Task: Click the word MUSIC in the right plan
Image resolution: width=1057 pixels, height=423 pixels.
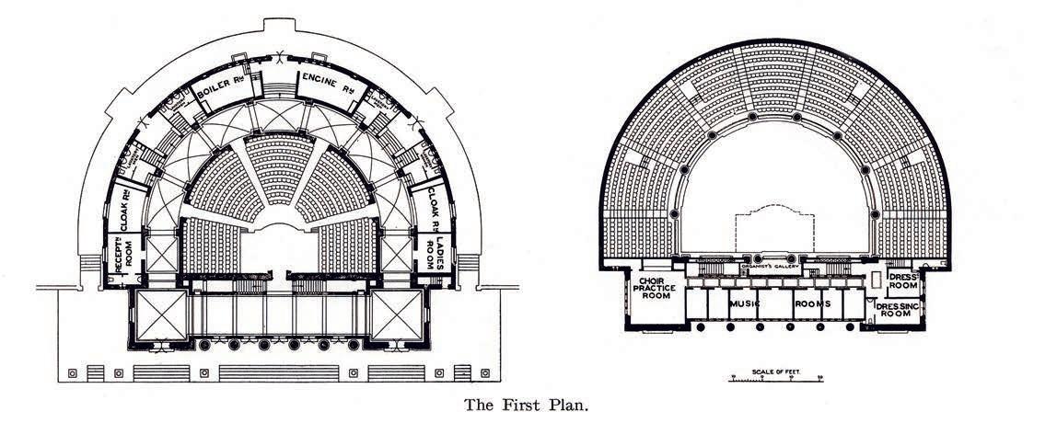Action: pos(747,303)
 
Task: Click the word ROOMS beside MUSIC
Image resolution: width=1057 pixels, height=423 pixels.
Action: pos(810,303)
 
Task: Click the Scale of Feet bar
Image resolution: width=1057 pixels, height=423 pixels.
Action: pos(774,378)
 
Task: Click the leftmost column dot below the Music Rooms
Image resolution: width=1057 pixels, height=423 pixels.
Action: pos(701,326)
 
